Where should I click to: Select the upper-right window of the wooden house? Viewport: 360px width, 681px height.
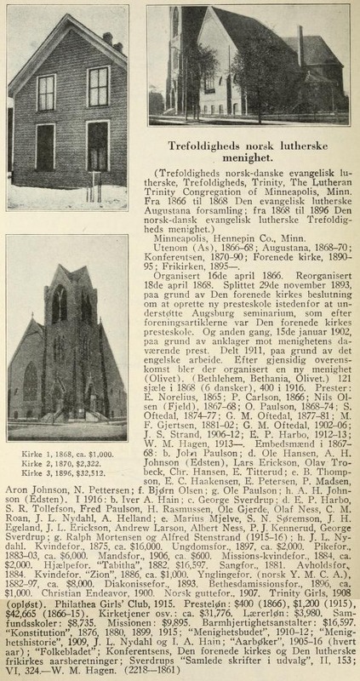pyautogui.click(x=99, y=85)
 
